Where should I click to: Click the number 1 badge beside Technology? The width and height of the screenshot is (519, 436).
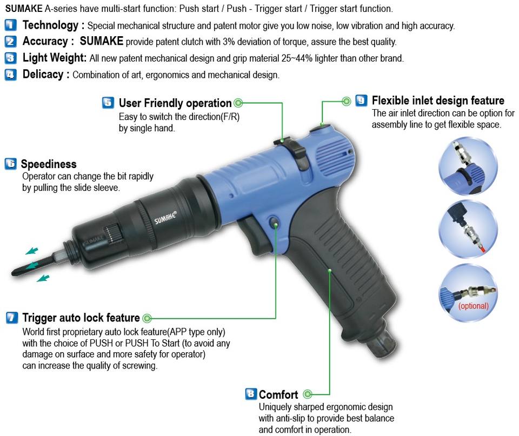[x=11, y=25]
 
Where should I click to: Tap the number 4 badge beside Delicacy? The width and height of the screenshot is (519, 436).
[x=11, y=75]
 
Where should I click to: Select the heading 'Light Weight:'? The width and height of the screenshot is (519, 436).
[x=54, y=58]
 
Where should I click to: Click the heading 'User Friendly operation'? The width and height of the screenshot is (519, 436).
[x=175, y=103]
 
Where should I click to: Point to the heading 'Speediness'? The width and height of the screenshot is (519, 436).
[x=49, y=164]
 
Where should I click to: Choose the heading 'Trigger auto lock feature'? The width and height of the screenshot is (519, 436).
[x=81, y=318]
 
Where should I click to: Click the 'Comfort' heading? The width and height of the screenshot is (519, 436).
[x=278, y=394]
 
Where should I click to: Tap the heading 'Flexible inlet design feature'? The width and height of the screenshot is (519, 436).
[x=438, y=100]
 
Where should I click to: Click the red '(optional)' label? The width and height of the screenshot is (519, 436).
[x=474, y=306]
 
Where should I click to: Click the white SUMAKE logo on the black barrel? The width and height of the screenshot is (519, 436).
[x=165, y=218]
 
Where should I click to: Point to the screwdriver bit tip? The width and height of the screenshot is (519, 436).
[x=14, y=273]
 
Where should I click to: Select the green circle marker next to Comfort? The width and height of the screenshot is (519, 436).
[x=308, y=394]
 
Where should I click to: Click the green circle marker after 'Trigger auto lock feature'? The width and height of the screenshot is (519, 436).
[x=147, y=319]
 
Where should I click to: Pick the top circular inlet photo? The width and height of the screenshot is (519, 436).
[x=468, y=166]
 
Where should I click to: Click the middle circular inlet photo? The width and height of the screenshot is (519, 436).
[x=468, y=229]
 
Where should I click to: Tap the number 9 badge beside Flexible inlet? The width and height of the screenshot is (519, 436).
[x=361, y=100]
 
